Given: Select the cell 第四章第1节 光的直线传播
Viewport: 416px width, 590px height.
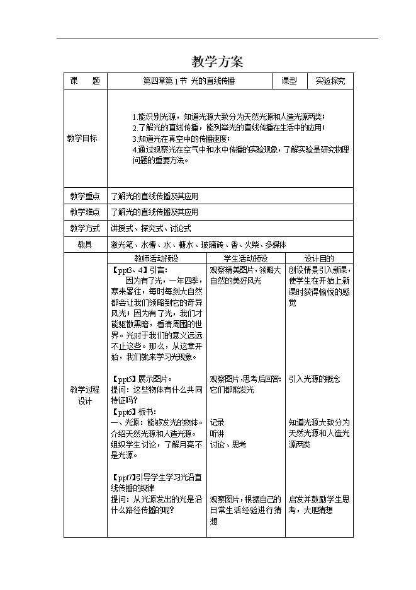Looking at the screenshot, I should [x=189, y=81].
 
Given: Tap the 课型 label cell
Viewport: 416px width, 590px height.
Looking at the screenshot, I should [x=290, y=81].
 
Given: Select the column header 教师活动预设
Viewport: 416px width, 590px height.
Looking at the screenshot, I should [x=157, y=258].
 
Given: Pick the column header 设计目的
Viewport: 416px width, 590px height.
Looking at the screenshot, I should [x=319, y=258].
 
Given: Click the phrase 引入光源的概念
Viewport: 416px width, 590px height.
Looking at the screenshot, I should [x=314, y=379].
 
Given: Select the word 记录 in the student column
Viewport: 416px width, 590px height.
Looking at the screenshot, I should [x=217, y=422].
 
